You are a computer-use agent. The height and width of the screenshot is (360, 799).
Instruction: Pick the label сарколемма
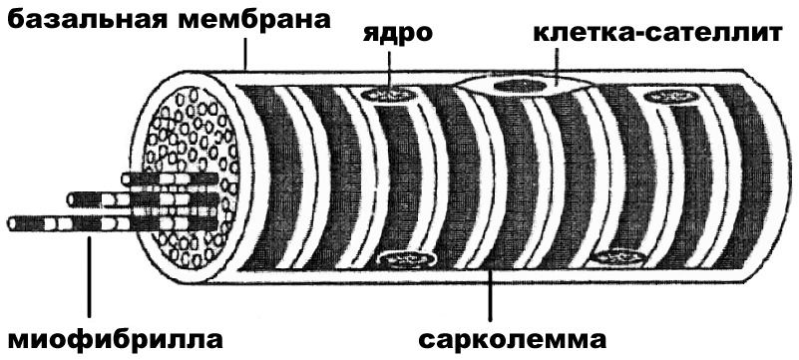(x=511, y=335)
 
